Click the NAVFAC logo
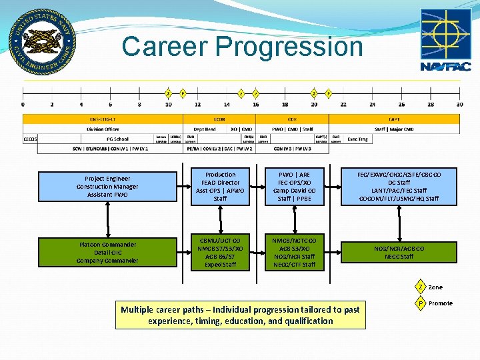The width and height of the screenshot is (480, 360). click(445, 39)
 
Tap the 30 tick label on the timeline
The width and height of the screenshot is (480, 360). click(459, 104)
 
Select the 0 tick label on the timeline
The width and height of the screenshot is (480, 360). click(23, 104)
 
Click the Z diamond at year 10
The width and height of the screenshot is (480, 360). click(169, 93)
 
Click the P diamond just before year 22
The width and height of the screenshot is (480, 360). click(329, 93)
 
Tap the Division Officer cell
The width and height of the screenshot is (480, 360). click(103, 129)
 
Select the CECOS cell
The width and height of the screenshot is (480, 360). click(31, 139)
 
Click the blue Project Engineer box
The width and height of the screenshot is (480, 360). click(107, 187)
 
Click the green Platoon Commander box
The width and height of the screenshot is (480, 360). click(107, 252)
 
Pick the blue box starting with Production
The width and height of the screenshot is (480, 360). click(220, 186)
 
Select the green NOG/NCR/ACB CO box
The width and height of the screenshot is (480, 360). click(399, 252)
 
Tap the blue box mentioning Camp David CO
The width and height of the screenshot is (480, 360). click(293, 186)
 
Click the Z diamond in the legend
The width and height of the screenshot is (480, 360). click(420, 287)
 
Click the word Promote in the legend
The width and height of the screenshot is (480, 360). click(441, 303)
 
